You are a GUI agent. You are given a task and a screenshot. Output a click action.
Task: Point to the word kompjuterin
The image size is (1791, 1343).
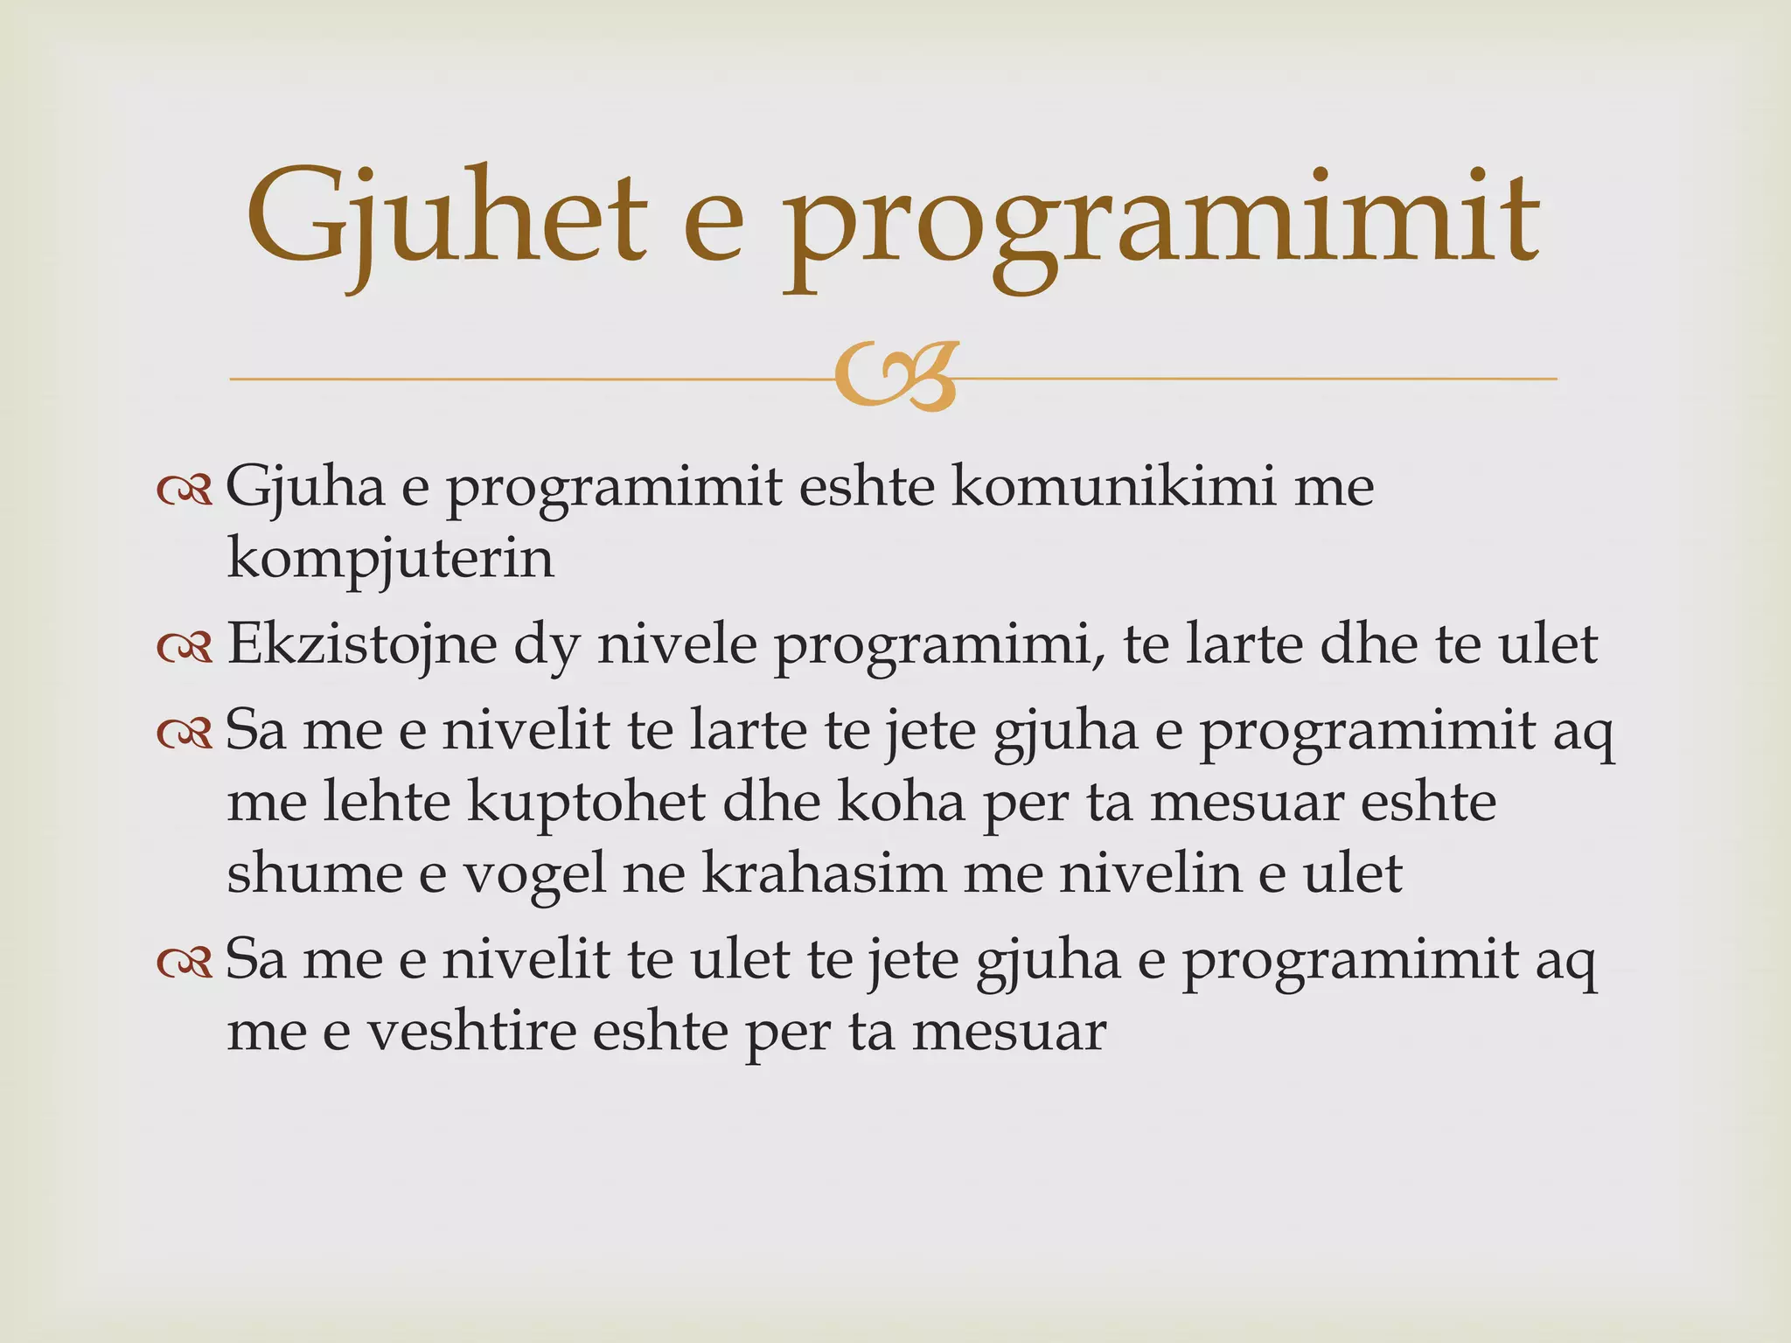click(390, 560)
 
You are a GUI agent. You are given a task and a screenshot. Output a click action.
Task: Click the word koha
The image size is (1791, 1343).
click(902, 802)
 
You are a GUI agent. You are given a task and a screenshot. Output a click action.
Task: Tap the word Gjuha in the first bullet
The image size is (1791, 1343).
click(305, 488)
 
